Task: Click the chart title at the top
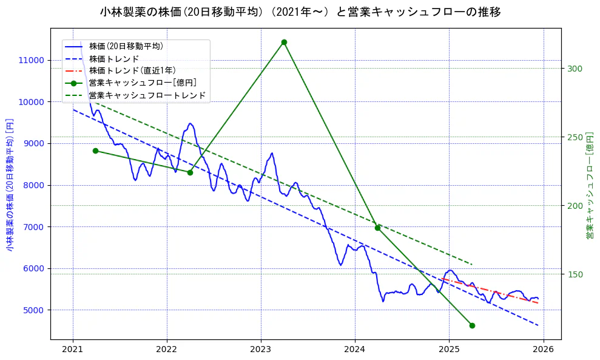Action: [300, 12]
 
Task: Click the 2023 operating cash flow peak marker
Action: [284, 42]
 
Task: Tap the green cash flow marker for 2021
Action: [95, 151]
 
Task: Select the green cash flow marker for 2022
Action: [190, 172]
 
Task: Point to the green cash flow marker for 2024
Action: [377, 228]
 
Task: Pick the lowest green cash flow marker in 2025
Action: [472, 325]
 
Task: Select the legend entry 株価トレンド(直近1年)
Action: [132, 70]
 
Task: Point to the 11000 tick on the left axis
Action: [32, 60]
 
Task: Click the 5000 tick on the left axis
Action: [34, 310]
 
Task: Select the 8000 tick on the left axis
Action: [34, 185]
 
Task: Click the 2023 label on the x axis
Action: [261, 350]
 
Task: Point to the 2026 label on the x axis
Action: [543, 350]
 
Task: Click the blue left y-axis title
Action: [10, 184]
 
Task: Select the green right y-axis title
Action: [590, 184]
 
